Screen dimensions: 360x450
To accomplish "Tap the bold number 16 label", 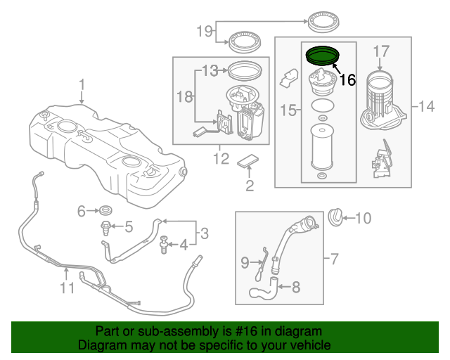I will (347, 80).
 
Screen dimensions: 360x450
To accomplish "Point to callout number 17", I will (380, 51).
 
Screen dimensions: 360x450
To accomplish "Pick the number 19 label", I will (204, 31).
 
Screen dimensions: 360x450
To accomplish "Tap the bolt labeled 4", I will (164, 244).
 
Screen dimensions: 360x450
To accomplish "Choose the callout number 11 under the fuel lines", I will (65, 288).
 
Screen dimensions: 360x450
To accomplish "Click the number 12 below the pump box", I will (221, 159).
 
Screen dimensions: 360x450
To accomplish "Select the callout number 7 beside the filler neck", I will (334, 259).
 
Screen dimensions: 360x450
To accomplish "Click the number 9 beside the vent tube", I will (245, 262).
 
